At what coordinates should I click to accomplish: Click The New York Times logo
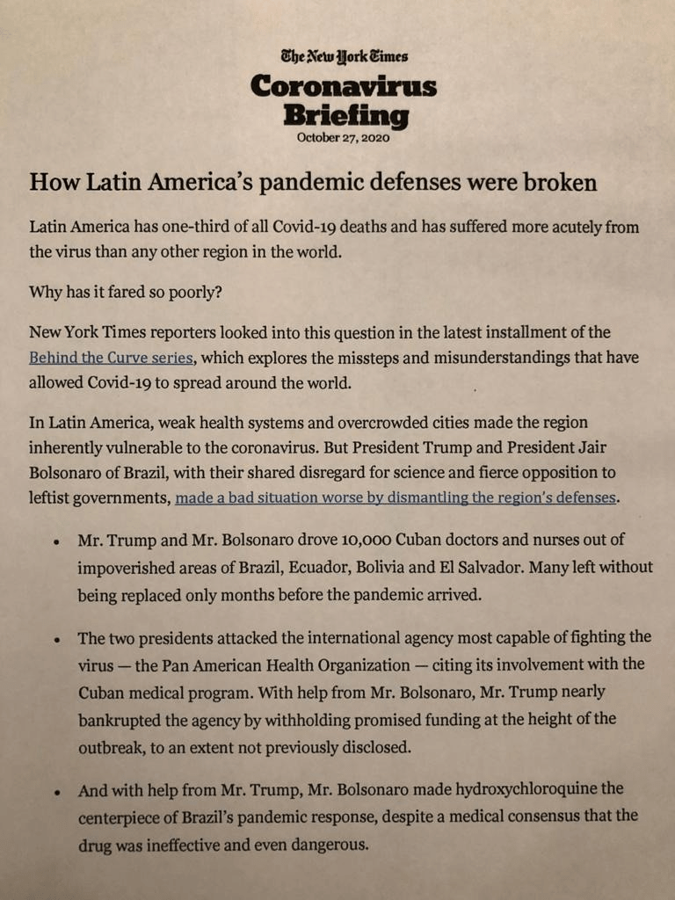point(344,56)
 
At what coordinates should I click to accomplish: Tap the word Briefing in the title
point(345,115)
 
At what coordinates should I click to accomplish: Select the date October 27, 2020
point(343,138)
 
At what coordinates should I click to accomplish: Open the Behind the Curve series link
point(111,358)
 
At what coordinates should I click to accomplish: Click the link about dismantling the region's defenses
point(396,497)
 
